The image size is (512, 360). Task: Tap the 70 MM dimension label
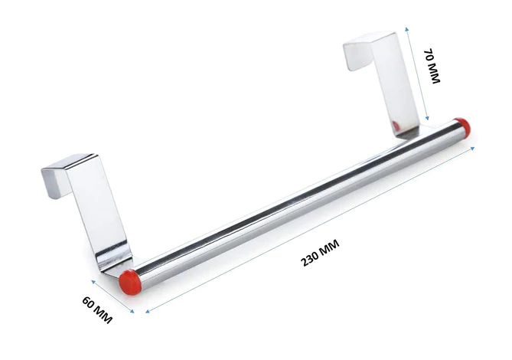432,67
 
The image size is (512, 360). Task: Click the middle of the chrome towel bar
295,201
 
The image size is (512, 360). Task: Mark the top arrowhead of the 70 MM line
409,28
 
